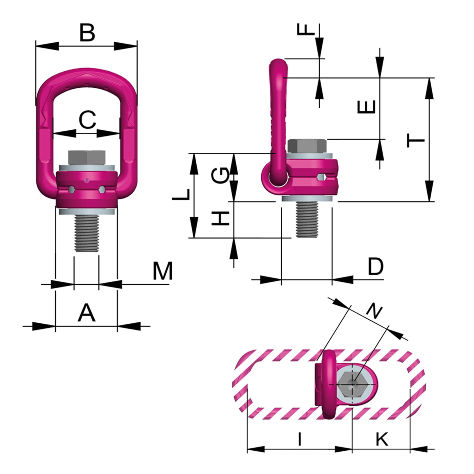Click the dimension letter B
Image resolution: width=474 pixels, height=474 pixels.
(87, 33)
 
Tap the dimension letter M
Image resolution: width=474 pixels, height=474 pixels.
(163, 271)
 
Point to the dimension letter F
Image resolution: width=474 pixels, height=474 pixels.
(306, 29)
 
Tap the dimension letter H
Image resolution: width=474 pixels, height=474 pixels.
(220, 218)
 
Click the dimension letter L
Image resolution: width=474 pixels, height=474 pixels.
(181, 194)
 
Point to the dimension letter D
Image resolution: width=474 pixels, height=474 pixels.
(375, 266)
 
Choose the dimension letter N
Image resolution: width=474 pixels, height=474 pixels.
(374, 311)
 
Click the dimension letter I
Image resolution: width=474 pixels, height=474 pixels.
(299, 439)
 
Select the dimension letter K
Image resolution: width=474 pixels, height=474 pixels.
(382, 439)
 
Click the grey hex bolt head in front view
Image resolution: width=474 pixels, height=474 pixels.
(87, 157)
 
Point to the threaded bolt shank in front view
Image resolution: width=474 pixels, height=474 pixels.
(87, 234)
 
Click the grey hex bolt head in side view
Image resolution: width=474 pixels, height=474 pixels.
(307, 146)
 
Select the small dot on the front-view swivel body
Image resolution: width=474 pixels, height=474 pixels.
(87, 180)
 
